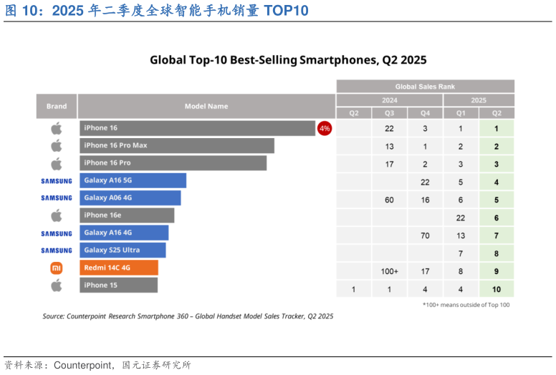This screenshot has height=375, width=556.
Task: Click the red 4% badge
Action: pyautogui.click(x=325, y=128)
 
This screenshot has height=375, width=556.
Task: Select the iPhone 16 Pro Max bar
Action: pyautogui.click(x=176, y=145)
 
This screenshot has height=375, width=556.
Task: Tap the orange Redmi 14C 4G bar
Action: pyautogui.click(x=118, y=268)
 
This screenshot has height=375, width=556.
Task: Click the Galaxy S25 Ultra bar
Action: pyautogui.click(x=123, y=250)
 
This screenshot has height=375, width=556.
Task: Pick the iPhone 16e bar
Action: pyautogui.click(x=126, y=215)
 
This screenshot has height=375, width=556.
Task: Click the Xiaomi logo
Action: pyautogui.click(x=57, y=268)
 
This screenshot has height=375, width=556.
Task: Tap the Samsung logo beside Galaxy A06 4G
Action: pyautogui.click(x=57, y=198)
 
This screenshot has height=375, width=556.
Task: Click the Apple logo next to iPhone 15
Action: pyautogui.click(x=57, y=286)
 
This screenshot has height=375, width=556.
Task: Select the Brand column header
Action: pyautogui.click(x=57, y=106)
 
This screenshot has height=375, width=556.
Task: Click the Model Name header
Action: pyautogui.click(x=206, y=106)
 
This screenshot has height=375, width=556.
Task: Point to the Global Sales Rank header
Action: pyautogui.click(x=425, y=87)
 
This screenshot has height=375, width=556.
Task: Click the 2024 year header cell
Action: pyautogui.click(x=389, y=100)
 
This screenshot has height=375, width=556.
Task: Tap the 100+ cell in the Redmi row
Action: pyautogui.click(x=389, y=271)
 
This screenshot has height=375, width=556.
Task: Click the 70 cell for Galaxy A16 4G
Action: pyautogui.click(x=425, y=235)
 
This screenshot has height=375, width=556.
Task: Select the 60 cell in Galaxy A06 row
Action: pyautogui.click(x=389, y=200)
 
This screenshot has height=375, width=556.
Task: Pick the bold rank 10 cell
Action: pyautogui.click(x=497, y=289)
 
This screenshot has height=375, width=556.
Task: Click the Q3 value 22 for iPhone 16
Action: pyautogui.click(x=389, y=128)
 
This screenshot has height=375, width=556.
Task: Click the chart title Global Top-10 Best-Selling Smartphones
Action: pyautogui.click(x=287, y=60)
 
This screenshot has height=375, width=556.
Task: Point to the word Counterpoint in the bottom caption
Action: pyautogui.click(x=82, y=365)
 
